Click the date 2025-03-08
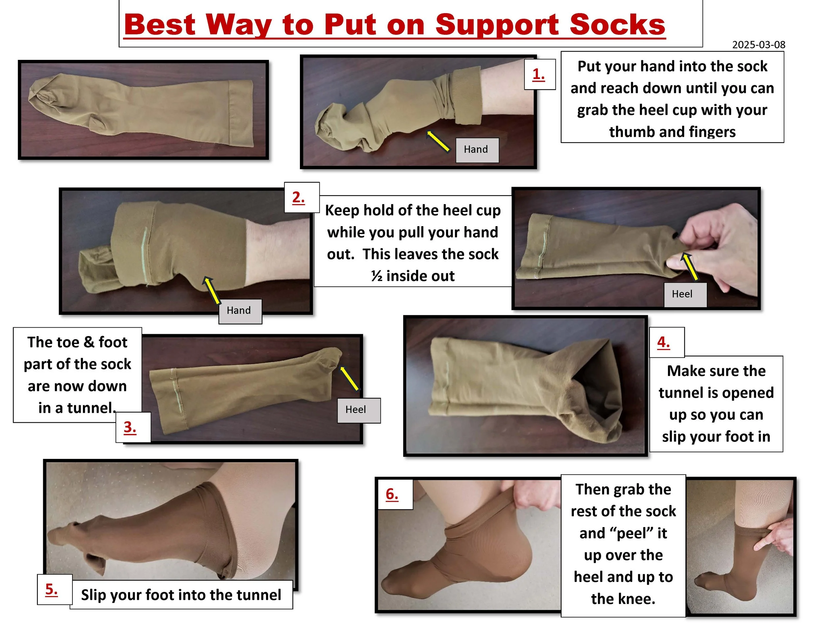758,44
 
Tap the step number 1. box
540,74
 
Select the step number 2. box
302,198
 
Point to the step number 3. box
133,427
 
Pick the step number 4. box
667,342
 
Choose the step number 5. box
55,589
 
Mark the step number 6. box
395,494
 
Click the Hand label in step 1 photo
477,150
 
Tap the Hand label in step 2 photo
240,311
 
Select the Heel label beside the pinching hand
685,295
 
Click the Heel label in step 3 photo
358,410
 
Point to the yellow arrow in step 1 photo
438,141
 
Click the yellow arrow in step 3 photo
349,378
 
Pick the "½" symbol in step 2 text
377,276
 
